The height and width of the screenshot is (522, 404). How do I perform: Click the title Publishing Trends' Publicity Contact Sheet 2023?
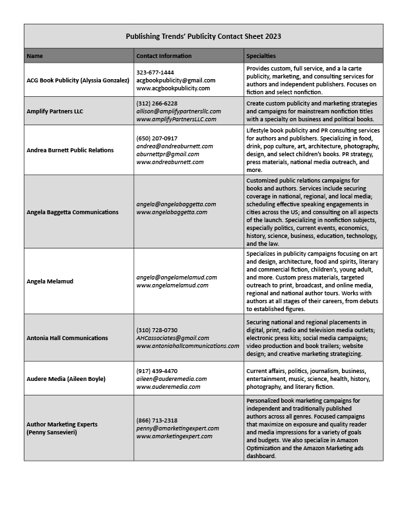[x=203, y=36]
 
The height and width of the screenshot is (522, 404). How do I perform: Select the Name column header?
[x=34, y=56]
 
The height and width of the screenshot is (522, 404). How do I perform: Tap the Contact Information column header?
[x=164, y=56]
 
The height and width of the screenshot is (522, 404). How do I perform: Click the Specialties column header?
[x=261, y=56]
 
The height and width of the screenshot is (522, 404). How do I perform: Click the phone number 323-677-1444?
[x=155, y=72]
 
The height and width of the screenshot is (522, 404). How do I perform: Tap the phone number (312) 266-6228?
[x=156, y=103]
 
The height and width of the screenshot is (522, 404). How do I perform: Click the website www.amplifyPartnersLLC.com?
[x=176, y=119]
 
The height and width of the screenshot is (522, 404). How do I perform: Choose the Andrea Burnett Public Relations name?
[x=70, y=150]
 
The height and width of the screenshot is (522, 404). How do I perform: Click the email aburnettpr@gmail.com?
[x=168, y=154]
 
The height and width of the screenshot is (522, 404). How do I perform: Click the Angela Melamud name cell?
[x=50, y=281]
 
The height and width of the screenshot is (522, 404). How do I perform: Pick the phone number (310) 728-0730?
[x=156, y=330]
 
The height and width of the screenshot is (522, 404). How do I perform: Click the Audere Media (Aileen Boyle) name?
[x=66, y=379]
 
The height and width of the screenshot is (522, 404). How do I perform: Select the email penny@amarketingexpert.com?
[x=176, y=428]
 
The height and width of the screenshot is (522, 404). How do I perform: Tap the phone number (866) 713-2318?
[x=156, y=420]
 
